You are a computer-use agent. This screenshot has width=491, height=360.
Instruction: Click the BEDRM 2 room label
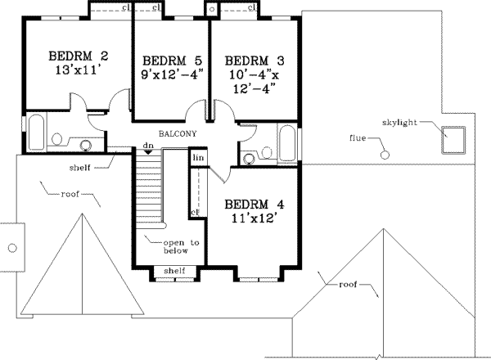(x=78, y=56)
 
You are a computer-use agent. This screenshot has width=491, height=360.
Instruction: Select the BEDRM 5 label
(x=171, y=61)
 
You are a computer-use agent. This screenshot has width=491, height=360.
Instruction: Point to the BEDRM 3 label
(x=254, y=61)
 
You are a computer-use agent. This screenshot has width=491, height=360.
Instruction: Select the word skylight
(x=400, y=122)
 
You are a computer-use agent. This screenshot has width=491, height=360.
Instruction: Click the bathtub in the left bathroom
(x=35, y=133)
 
